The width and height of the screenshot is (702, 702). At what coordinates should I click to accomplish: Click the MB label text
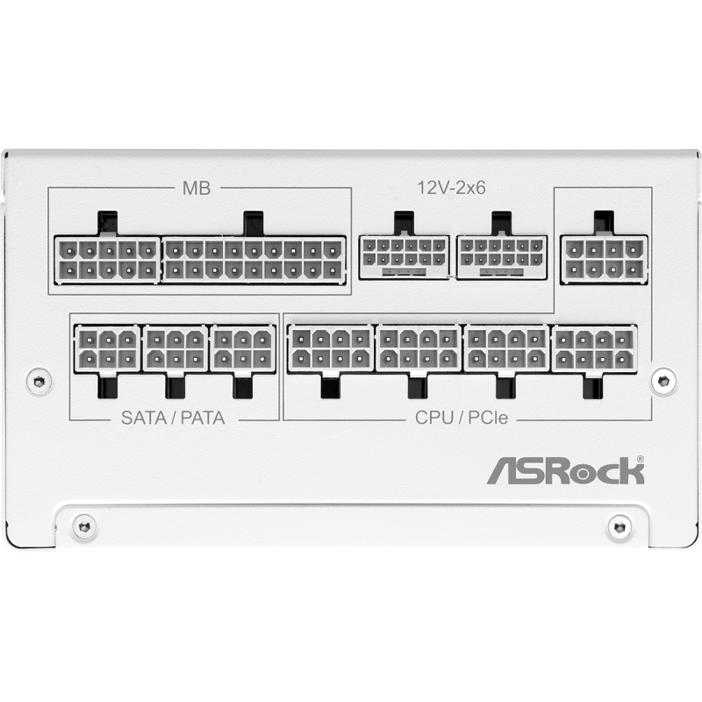pyautogui.click(x=197, y=188)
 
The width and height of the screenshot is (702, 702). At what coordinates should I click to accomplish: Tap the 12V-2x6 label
pyautogui.click(x=451, y=188)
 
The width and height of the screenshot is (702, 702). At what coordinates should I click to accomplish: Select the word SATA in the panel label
pyautogui.click(x=144, y=418)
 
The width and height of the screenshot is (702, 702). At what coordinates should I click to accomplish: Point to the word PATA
pyautogui.click(x=203, y=418)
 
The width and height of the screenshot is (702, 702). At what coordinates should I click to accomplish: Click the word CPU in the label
pyautogui.click(x=434, y=418)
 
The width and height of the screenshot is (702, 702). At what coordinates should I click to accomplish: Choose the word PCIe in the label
pyautogui.click(x=488, y=418)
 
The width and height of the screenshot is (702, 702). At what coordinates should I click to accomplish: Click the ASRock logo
pyautogui.click(x=565, y=470)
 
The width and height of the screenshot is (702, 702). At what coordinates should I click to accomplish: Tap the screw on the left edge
pyautogui.click(x=39, y=382)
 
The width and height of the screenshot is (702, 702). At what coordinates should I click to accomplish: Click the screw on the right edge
pyautogui.click(x=663, y=381)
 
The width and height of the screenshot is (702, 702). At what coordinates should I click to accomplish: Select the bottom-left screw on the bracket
pyautogui.click(x=84, y=526)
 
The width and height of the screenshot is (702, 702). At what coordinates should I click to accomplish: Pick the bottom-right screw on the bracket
pyautogui.click(x=620, y=526)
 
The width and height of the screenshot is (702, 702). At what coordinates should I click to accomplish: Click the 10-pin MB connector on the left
pyautogui.click(x=107, y=259)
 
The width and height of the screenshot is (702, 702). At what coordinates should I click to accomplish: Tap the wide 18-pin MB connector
pyautogui.click(x=254, y=259)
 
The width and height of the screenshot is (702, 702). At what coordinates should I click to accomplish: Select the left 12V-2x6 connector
pyautogui.click(x=404, y=257)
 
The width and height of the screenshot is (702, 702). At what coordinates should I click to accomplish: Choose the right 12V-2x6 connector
pyautogui.click(x=501, y=257)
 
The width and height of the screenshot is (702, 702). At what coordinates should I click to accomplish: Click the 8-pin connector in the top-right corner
pyautogui.click(x=604, y=259)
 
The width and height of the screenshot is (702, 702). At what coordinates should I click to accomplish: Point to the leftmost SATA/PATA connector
pyautogui.click(x=107, y=347)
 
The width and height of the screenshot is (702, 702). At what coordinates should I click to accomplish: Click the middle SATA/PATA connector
pyautogui.click(x=175, y=347)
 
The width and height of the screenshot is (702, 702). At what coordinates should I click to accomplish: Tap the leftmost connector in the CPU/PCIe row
pyautogui.click(x=331, y=347)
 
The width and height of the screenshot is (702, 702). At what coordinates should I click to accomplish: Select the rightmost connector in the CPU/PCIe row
pyautogui.click(x=595, y=347)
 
